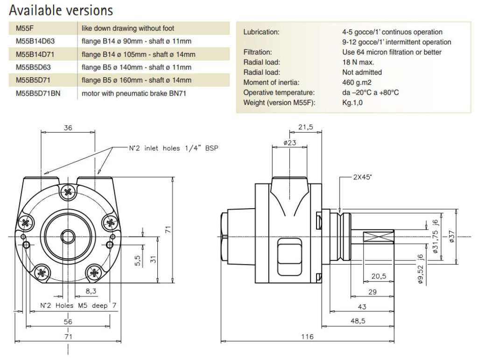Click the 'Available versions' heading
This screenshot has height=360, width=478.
[x=61, y=10]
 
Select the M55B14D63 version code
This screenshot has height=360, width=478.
[x=35, y=41]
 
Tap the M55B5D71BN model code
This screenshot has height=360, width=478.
[x=38, y=93]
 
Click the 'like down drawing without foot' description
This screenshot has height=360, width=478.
[x=127, y=28]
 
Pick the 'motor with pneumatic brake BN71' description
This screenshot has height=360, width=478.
[x=134, y=93]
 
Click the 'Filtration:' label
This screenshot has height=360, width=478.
[x=258, y=52]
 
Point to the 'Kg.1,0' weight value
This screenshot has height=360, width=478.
[x=352, y=102]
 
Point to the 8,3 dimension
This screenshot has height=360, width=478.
[x=91, y=291]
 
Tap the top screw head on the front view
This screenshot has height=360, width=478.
[x=69, y=191]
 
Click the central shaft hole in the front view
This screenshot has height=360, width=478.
[x=69, y=236]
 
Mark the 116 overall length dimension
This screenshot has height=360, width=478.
[x=307, y=337]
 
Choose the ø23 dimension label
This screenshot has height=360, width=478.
[x=290, y=143]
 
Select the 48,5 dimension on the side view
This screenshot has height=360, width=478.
[x=359, y=321]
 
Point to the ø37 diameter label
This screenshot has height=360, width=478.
[x=451, y=236]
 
